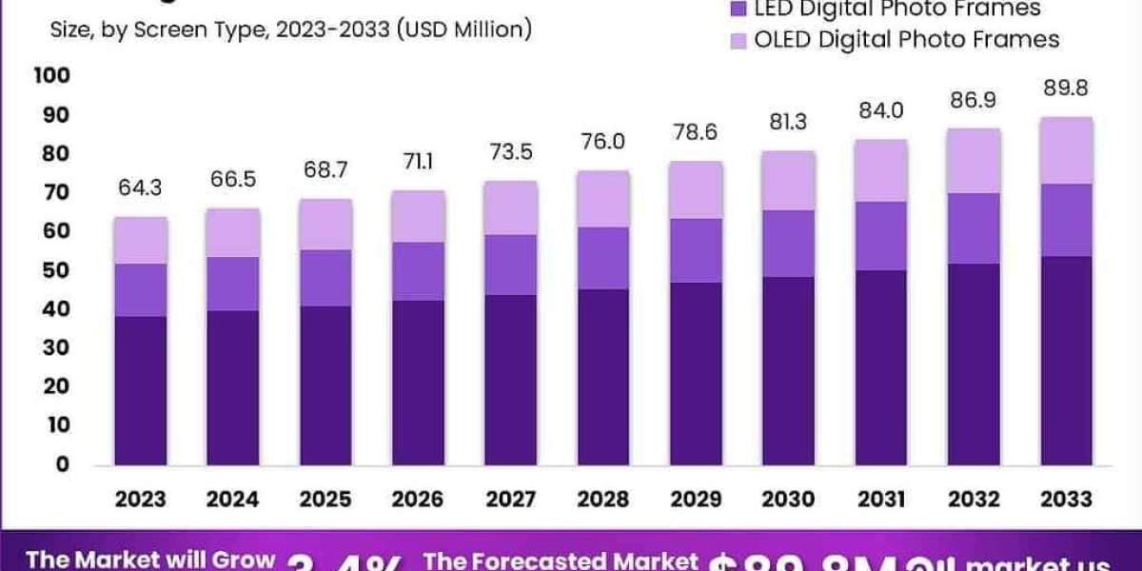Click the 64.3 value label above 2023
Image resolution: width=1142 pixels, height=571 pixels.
pyautogui.click(x=141, y=188)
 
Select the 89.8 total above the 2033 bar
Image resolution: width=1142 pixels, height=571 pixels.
pyautogui.click(x=1066, y=89)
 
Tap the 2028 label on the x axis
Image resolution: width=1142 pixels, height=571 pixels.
pyautogui.click(x=603, y=499)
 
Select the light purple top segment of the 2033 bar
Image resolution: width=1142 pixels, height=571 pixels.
pyautogui.click(x=1066, y=150)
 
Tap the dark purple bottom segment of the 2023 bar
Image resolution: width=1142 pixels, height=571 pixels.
pyautogui.click(x=141, y=390)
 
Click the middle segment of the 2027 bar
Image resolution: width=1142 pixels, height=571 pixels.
pyautogui.click(x=511, y=265)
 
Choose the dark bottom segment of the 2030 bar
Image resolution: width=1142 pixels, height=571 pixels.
pyautogui.click(x=788, y=370)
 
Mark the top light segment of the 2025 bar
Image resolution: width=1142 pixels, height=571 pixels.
pyautogui.click(x=325, y=225)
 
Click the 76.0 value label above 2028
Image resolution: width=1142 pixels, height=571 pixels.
pyautogui.click(x=603, y=142)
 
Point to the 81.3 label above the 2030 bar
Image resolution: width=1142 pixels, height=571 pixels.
pyautogui.click(x=788, y=122)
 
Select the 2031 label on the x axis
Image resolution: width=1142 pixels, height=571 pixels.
pyautogui.click(x=880, y=499)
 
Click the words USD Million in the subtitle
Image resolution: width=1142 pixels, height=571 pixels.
pyautogui.click(x=465, y=30)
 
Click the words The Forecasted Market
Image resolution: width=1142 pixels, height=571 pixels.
pyautogui.click(x=561, y=561)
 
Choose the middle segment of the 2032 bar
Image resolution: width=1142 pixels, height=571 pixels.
pyautogui.click(x=974, y=228)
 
